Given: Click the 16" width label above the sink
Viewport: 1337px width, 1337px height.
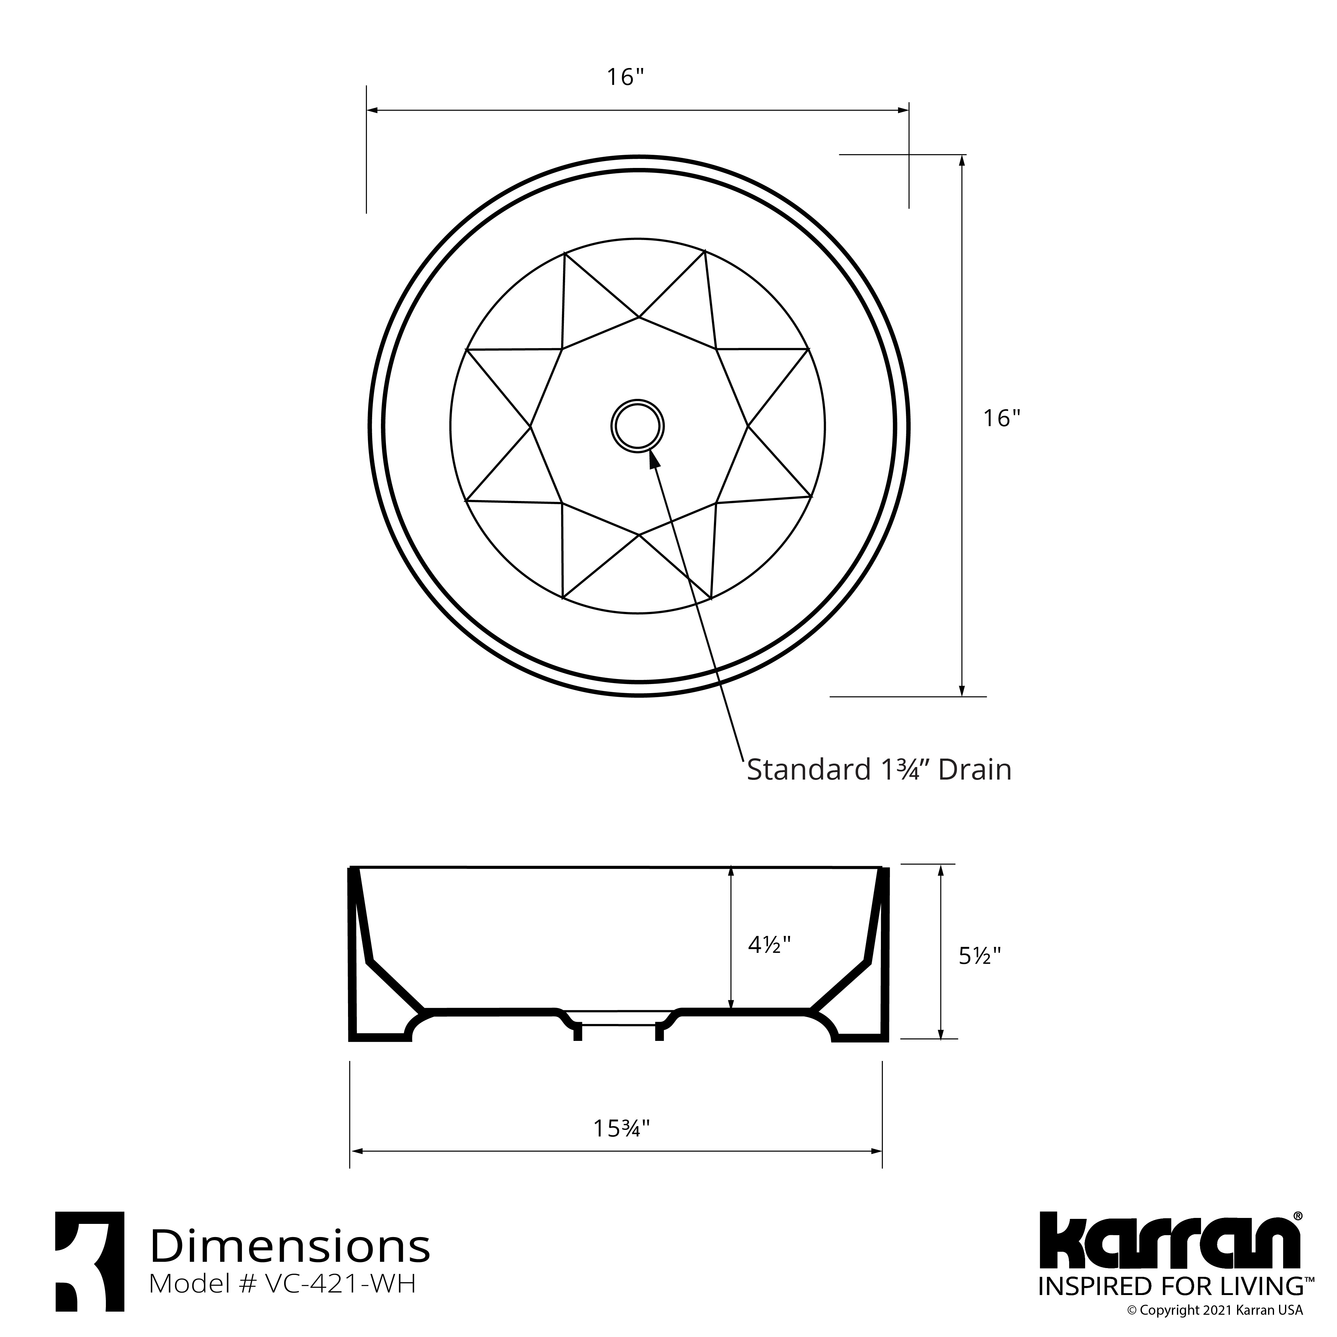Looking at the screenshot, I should click(626, 77).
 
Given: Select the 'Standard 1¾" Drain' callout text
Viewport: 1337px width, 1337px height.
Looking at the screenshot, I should click(879, 770).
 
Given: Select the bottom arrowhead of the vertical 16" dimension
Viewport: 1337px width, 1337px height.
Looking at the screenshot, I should click(961, 691).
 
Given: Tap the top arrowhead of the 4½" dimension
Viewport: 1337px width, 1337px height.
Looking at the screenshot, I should click(731, 872).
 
